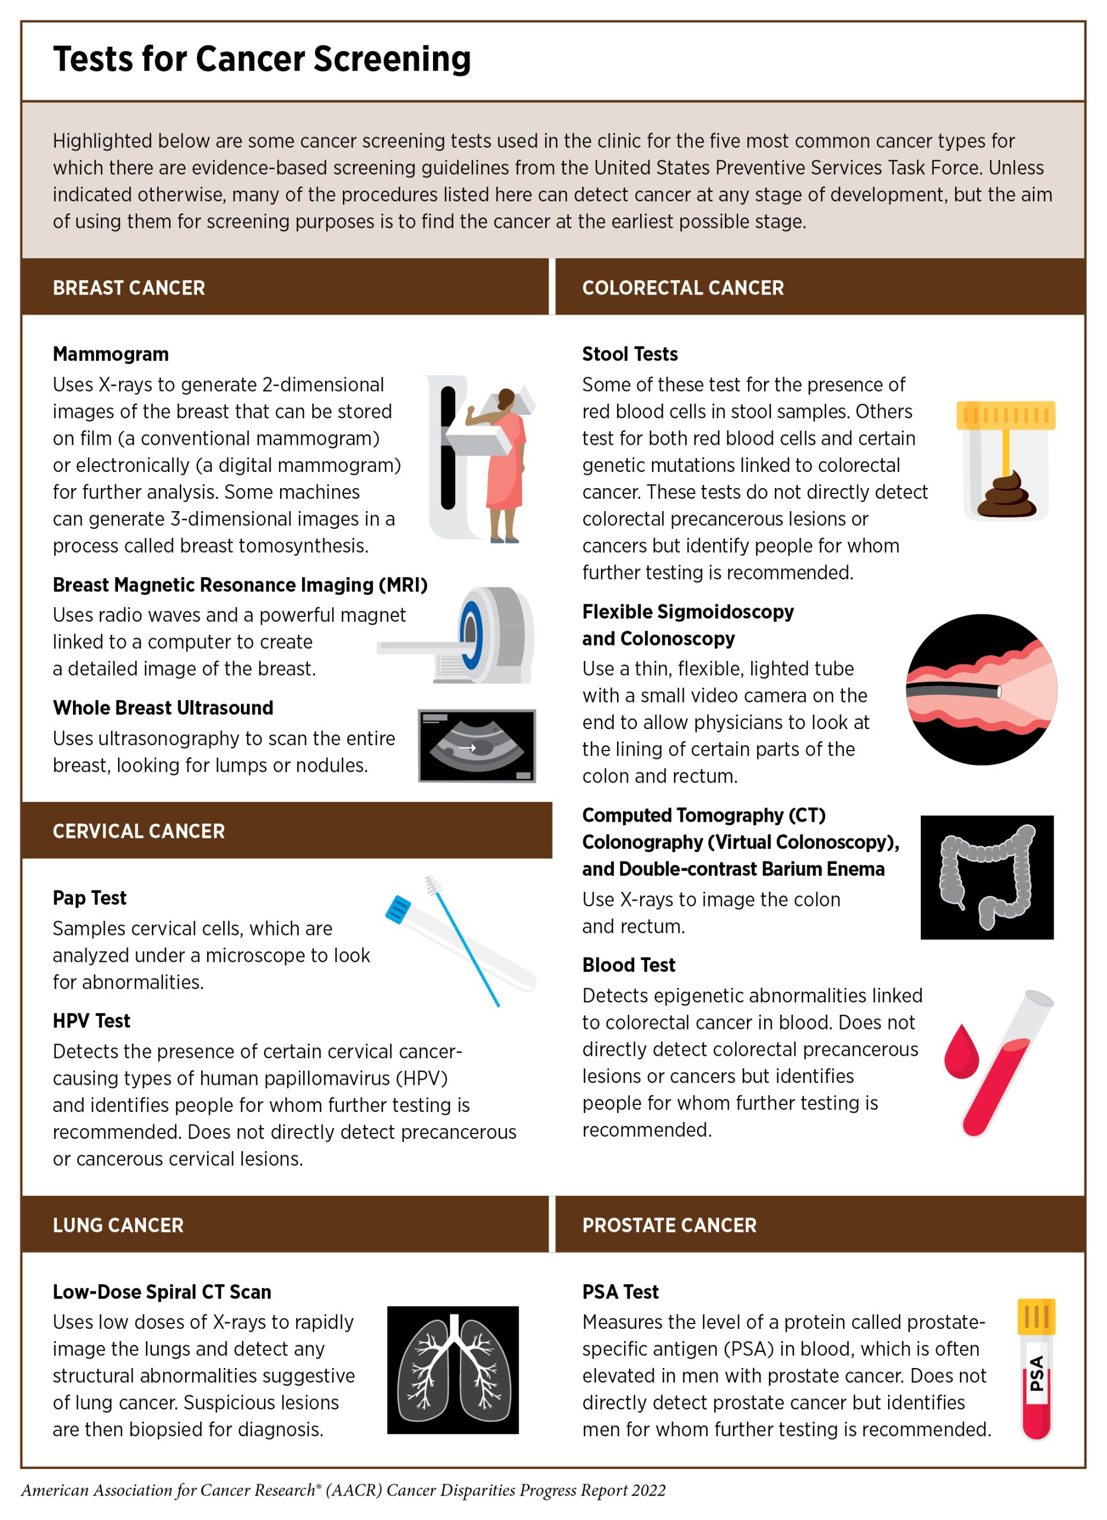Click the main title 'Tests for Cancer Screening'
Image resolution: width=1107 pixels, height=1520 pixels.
click(x=262, y=59)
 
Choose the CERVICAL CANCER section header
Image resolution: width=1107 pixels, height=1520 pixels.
click(x=139, y=831)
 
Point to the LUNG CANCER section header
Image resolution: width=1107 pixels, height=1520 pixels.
click(x=118, y=1225)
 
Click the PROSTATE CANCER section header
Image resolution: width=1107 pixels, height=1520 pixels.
click(x=669, y=1225)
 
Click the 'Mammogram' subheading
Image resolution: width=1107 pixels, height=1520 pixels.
click(x=110, y=354)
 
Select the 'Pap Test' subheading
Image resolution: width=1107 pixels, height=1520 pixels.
click(x=89, y=898)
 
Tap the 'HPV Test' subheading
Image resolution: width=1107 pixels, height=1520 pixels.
click(x=91, y=1021)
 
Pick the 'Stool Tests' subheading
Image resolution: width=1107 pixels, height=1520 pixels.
click(x=629, y=354)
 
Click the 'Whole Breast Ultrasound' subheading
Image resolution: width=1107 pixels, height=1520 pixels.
click(x=163, y=707)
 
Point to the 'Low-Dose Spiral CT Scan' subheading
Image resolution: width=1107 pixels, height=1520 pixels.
click(x=161, y=1291)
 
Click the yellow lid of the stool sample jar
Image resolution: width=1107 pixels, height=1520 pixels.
click(x=1005, y=415)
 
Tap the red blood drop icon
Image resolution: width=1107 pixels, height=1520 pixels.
click(x=961, y=1052)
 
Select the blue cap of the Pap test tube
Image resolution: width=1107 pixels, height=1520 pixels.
click(x=398, y=909)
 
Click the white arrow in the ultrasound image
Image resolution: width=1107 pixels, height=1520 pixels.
click(x=467, y=747)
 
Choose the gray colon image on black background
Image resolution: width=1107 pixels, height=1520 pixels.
click(x=987, y=877)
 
